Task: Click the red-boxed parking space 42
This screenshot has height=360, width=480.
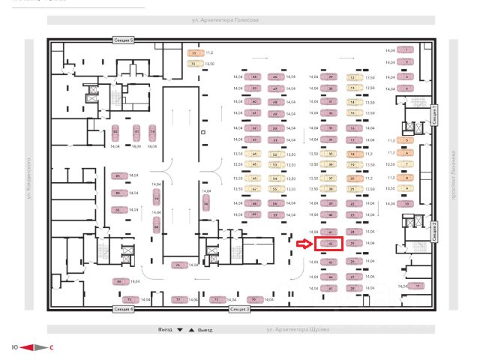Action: point(331,243)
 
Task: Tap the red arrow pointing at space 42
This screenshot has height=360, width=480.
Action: point(302,243)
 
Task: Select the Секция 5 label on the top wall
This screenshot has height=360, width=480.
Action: point(123,39)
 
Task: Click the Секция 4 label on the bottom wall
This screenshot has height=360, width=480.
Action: point(123,308)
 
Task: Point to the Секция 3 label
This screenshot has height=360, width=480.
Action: point(239,308)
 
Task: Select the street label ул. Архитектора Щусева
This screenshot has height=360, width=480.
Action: point(298,329)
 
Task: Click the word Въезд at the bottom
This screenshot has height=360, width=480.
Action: point(166,329)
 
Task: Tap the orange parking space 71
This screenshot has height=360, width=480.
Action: point(193,54)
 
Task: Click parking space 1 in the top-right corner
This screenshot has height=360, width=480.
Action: point(406,49)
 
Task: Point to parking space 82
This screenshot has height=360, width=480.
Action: point(115,133)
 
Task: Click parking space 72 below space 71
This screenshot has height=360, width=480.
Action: point(193,64)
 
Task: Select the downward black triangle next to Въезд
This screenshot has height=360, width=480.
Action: point(180,329)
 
